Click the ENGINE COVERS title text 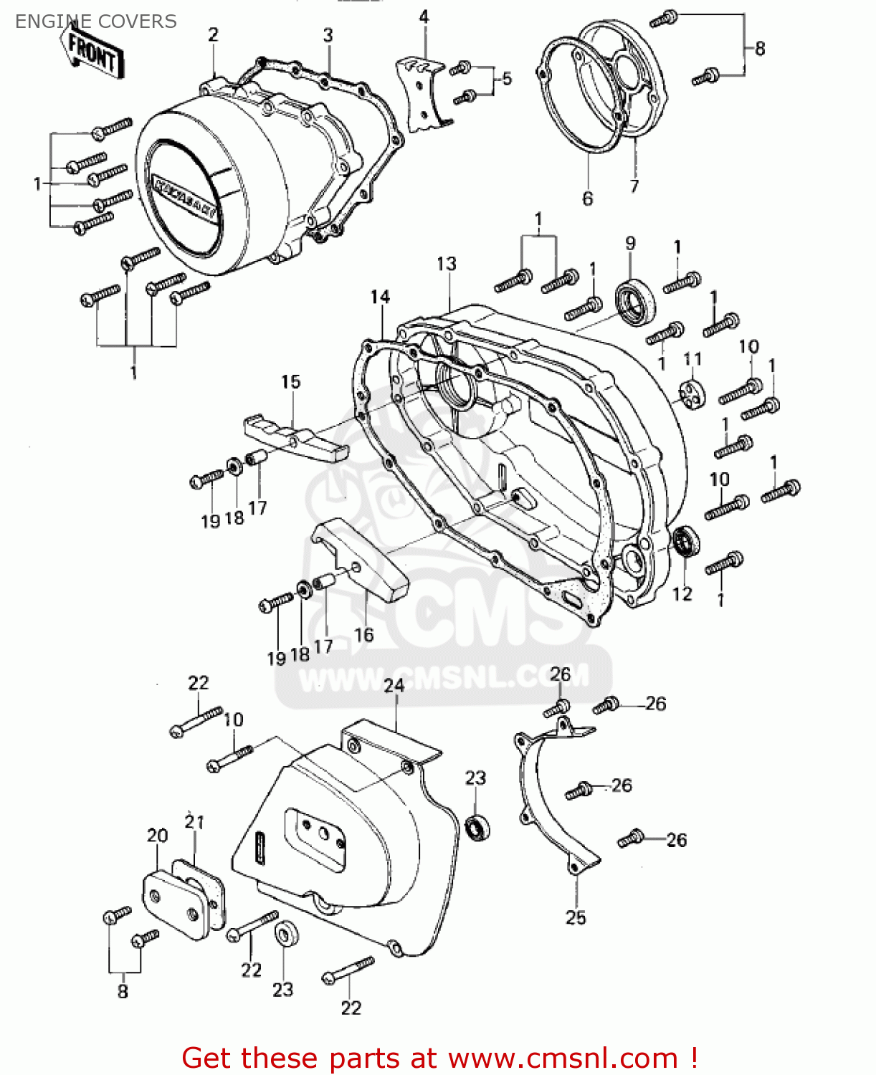pos(95,21)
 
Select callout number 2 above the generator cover pos(213,34)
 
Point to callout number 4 pos(424,16)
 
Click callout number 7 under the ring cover pos(634,186)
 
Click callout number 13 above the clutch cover pos(446,264)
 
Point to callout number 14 pos(380,297)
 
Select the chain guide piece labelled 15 pos(295,437)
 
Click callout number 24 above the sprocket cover pos(394,685)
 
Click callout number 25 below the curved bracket pos(576,917)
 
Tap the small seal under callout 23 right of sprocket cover pos(477,826)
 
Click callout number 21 pos(194,822)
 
